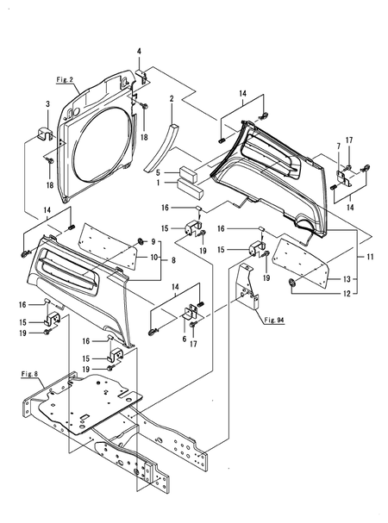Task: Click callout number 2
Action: coord(172,99)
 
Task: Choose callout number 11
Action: coord(372,257)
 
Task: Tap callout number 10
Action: coord(153,257)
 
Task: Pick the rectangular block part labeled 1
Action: coord(188,183)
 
